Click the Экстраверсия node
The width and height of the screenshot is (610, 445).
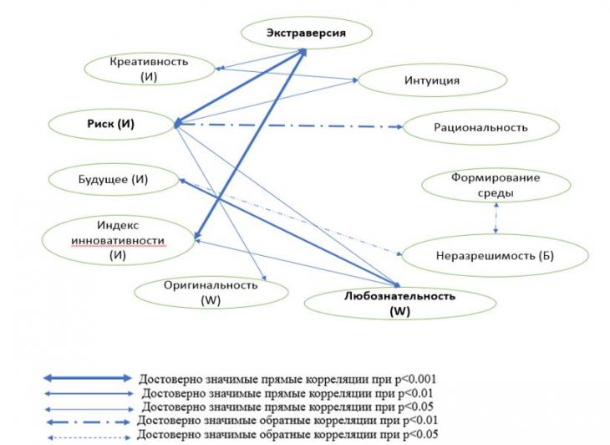(x=307, y=33)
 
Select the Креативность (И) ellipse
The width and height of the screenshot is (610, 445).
(x=149, y=69)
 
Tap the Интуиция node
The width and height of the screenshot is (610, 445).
(x=432, y=80)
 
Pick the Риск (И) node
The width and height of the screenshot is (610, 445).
(x=111, y=124)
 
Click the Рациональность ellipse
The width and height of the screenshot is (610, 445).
(x=481, y=127)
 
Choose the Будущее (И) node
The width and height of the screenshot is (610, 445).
(x=113, y=180)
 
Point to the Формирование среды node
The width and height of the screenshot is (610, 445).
(x=496, y=186)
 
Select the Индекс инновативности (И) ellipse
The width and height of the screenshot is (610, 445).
(x=118, y=240)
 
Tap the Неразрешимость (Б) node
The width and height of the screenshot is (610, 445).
(x=495, y=255)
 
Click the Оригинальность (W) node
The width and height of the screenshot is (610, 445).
(x=211, y=293)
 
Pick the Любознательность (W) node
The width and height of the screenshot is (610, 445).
(x=400, y=304)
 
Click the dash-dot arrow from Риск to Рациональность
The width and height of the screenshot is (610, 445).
(x=289, y=125)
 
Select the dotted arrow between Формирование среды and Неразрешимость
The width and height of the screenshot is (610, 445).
(x=496, y=218)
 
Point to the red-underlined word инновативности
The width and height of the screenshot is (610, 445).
(x=118, y=241)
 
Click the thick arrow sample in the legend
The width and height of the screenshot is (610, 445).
(x=88, y=378)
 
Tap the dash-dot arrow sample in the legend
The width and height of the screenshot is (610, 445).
(x=88, y=422)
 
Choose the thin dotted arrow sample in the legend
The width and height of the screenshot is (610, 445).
(x=89, y=437)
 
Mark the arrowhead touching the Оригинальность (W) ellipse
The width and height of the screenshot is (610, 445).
(x=264, y=278)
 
